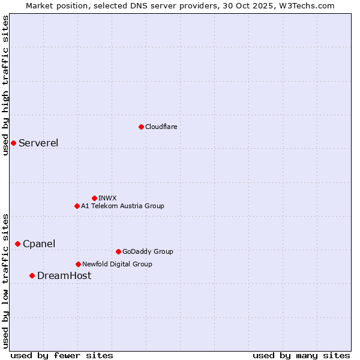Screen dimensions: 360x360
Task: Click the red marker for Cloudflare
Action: [141, 127]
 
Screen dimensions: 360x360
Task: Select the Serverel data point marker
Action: [13, 143]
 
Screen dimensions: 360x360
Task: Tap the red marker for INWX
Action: [94, 198]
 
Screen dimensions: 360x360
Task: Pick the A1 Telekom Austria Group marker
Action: [77, 206]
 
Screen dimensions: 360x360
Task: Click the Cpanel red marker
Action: [17, 244]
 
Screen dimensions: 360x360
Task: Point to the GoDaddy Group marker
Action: [118, 251]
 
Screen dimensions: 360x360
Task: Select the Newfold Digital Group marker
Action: [78, 264]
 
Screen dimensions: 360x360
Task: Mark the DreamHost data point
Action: [32, 275]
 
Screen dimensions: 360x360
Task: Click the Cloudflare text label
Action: [161, 127]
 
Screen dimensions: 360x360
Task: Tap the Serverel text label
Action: [38, 143]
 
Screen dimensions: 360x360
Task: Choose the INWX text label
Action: [107, 198]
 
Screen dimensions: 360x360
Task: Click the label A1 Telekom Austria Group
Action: [122, 206]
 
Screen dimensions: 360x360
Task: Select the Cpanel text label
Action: [39, 244]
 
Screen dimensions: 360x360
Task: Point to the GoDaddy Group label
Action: [148, 251]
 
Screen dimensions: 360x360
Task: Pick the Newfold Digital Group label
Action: [117, 264]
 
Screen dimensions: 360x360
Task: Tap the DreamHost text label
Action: [64, 275]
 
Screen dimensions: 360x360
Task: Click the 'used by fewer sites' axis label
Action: [62, 355]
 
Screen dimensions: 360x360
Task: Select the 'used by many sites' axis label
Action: [301, 355]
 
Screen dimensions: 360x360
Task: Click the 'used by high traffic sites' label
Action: [5, 85]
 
